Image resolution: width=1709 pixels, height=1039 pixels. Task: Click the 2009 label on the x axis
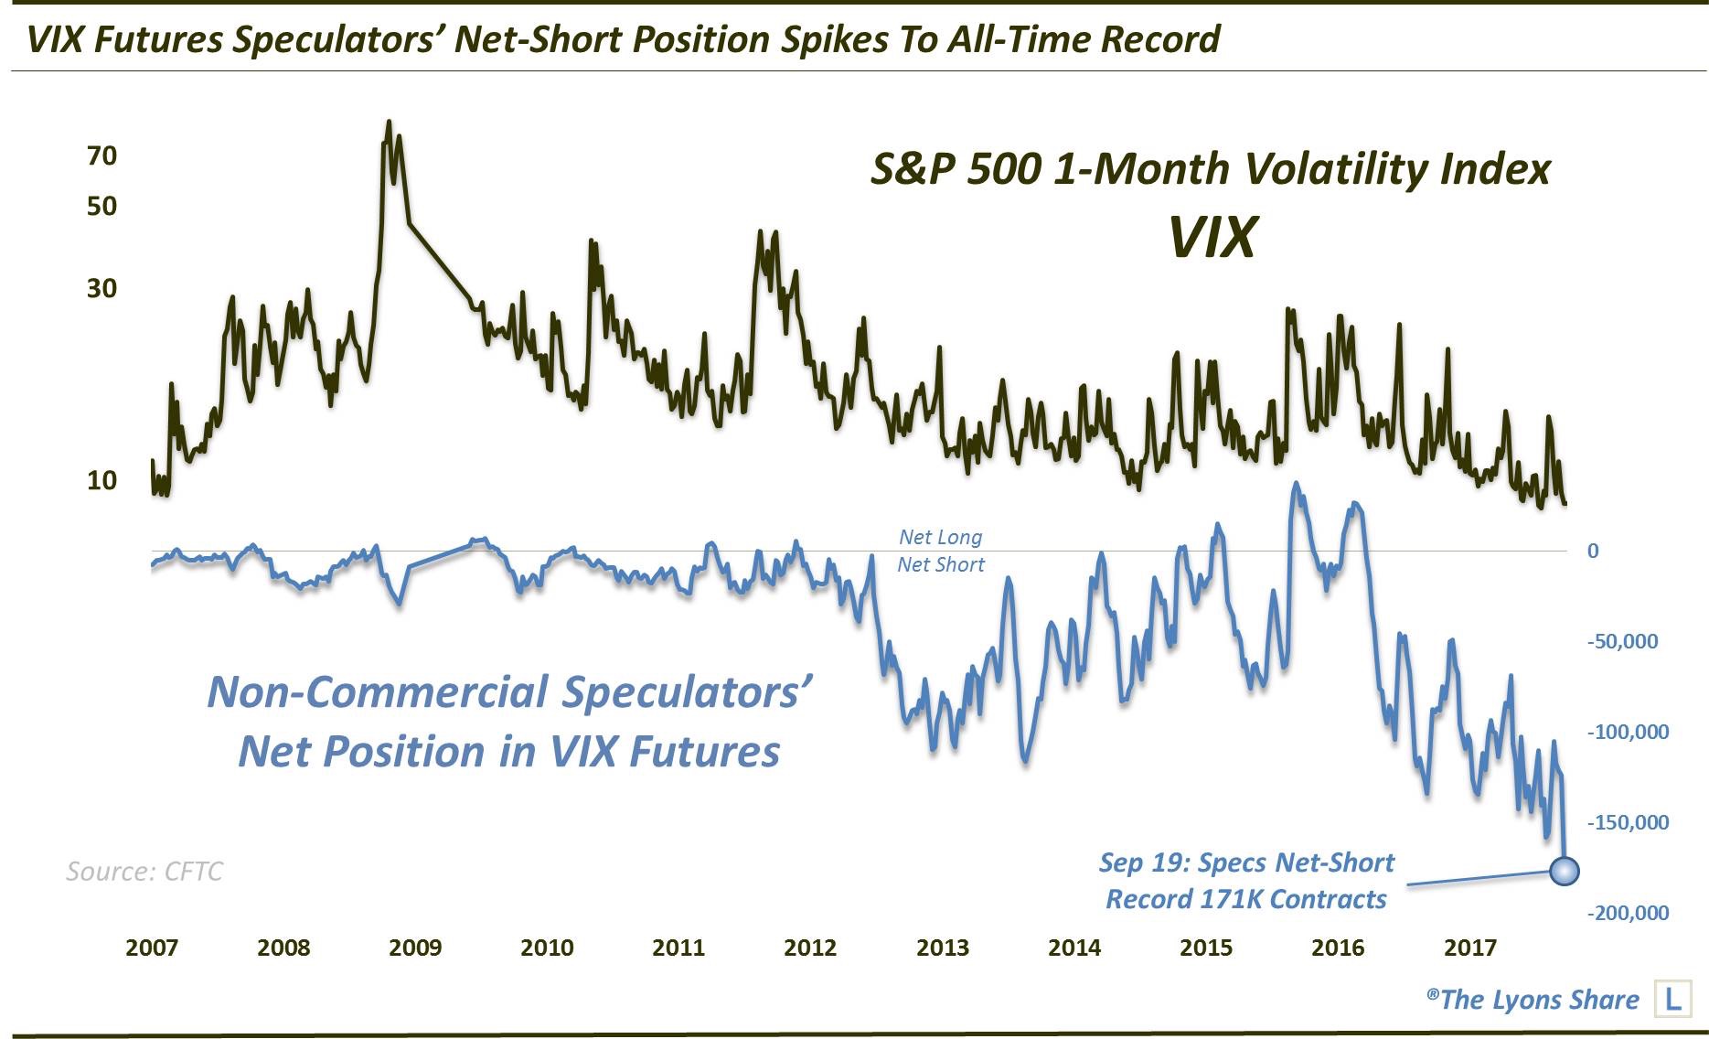pos(415,948)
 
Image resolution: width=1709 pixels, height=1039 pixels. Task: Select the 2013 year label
pos(942,948)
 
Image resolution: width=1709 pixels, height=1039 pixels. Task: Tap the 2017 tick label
pos(1469,948)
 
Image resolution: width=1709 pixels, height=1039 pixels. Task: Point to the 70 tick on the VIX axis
pos(102,156)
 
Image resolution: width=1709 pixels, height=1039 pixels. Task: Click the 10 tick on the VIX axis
pos(102,480)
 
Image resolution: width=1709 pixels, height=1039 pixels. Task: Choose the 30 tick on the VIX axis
pos(102,289)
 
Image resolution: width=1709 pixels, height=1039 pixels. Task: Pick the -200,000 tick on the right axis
pos(1628,913)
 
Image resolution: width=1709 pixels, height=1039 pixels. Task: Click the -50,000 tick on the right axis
pos(1622,641)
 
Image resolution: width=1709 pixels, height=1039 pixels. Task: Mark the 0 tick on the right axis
pos(1593,551)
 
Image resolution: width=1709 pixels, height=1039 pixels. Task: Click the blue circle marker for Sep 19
pos(1564,871)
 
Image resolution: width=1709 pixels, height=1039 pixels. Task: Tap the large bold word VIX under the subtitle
pos(1212,238)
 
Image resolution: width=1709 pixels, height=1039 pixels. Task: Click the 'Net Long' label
pos(940,538)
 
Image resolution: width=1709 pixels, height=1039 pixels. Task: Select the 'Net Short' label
pos(940,565)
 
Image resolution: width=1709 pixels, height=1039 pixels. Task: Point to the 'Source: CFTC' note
pos(144,872)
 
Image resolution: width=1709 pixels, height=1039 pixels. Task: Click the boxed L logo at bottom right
pos(1672,1000)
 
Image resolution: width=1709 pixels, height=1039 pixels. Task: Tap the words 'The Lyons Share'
pos(1539,1000)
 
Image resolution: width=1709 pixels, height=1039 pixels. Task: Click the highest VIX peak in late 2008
pos(389,122)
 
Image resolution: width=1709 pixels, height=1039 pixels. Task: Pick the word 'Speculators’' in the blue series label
pos(687,692)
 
